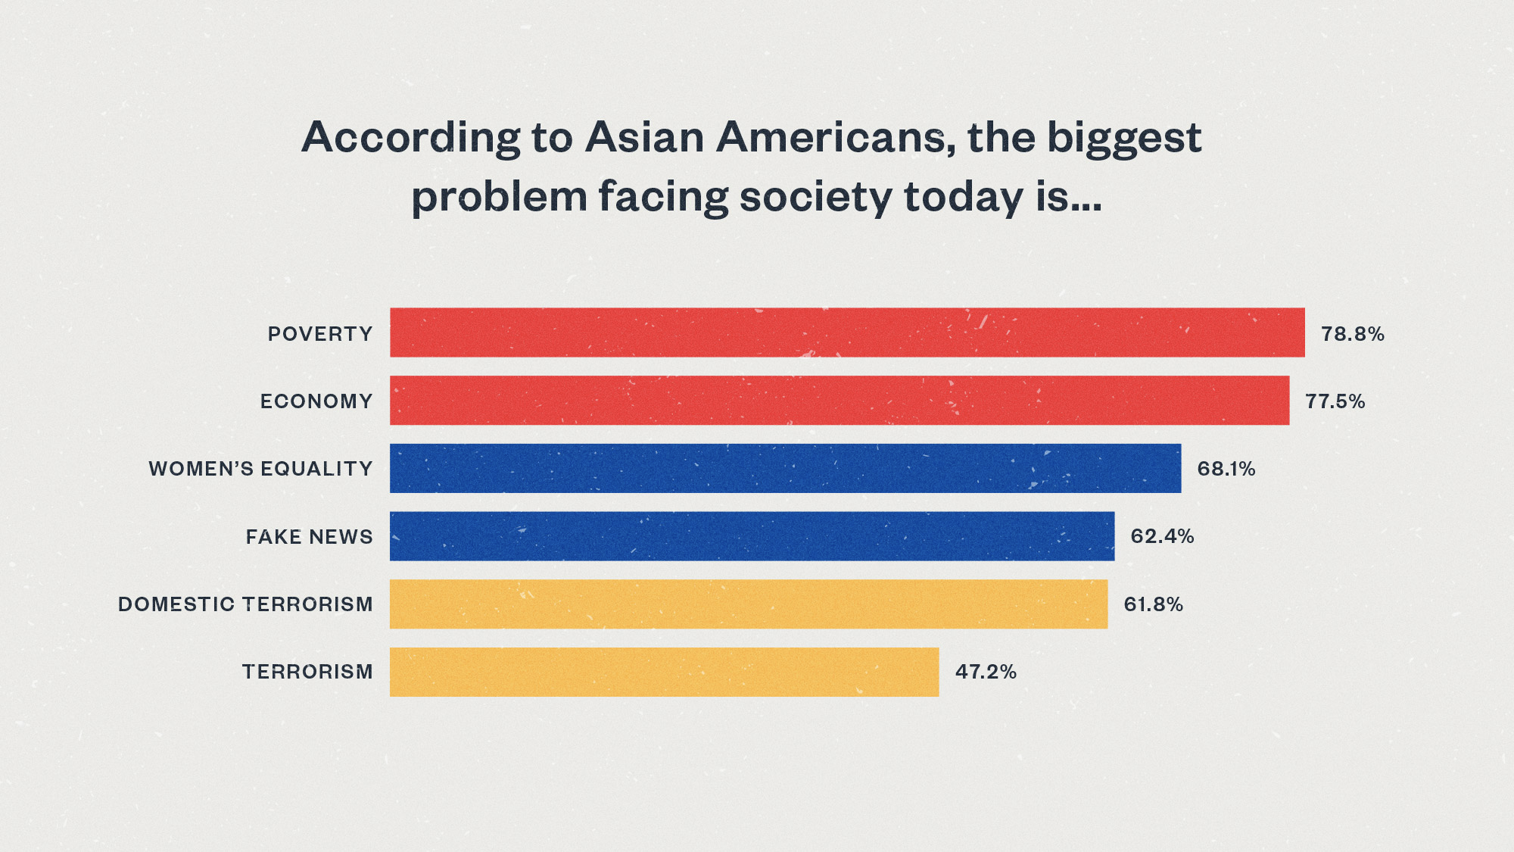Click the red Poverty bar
click(846, 332)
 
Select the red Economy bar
click(839, 400)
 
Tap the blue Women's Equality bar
click(785, 468)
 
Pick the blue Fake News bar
click(752, 536)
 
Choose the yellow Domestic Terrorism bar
click(748, 604)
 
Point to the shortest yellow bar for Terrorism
click(664, 672)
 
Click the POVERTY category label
click(320, 334)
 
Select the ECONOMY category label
click(316, 401)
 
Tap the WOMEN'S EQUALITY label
click(260, 469)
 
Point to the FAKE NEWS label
click(309, 537)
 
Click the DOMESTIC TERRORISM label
click(245, 604)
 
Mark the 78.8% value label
click(1352, 334)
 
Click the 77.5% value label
click(1335, 401)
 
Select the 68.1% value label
click(1226, 469)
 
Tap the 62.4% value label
click(1162, 536)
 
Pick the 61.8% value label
click(1153, 604)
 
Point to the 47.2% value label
click(985, 672)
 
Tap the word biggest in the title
click(1123, 139)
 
